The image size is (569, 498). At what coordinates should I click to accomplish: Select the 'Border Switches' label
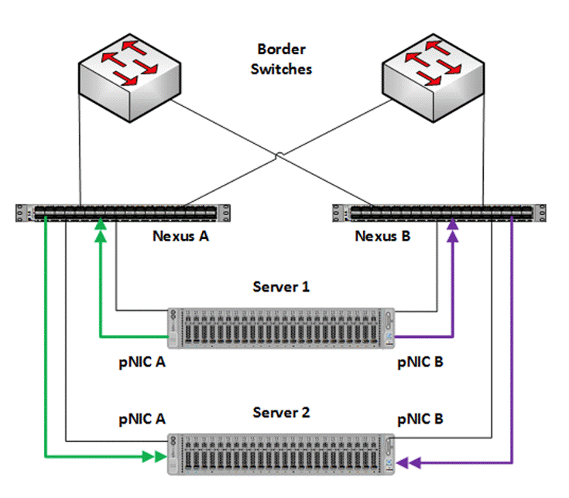point(284,59)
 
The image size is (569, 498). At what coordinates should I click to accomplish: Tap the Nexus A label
point(181,236)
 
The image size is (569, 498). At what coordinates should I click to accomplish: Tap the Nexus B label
point(382,236)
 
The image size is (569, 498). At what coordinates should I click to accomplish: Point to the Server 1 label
point(281,287)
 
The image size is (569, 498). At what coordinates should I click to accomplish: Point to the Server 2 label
point(281,412)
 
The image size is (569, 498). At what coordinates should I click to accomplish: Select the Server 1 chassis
point(282,326)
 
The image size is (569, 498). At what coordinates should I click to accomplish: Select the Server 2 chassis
point(282,452)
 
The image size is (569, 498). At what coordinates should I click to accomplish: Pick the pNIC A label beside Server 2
point(142,419)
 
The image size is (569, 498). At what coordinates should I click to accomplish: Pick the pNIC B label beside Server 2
point(420,419)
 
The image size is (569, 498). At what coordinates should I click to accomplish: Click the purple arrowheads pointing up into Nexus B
point(452,230)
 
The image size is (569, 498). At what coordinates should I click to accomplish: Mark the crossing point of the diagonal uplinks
point(279,158)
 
